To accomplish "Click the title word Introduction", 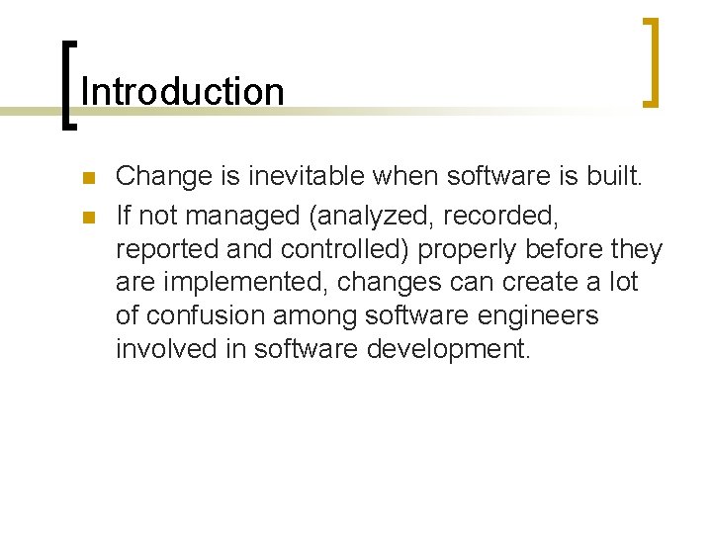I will point(183,92).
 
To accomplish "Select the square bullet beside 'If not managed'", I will point(87,215).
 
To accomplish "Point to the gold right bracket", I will point(651,61).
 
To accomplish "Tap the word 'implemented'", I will point(247,282).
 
